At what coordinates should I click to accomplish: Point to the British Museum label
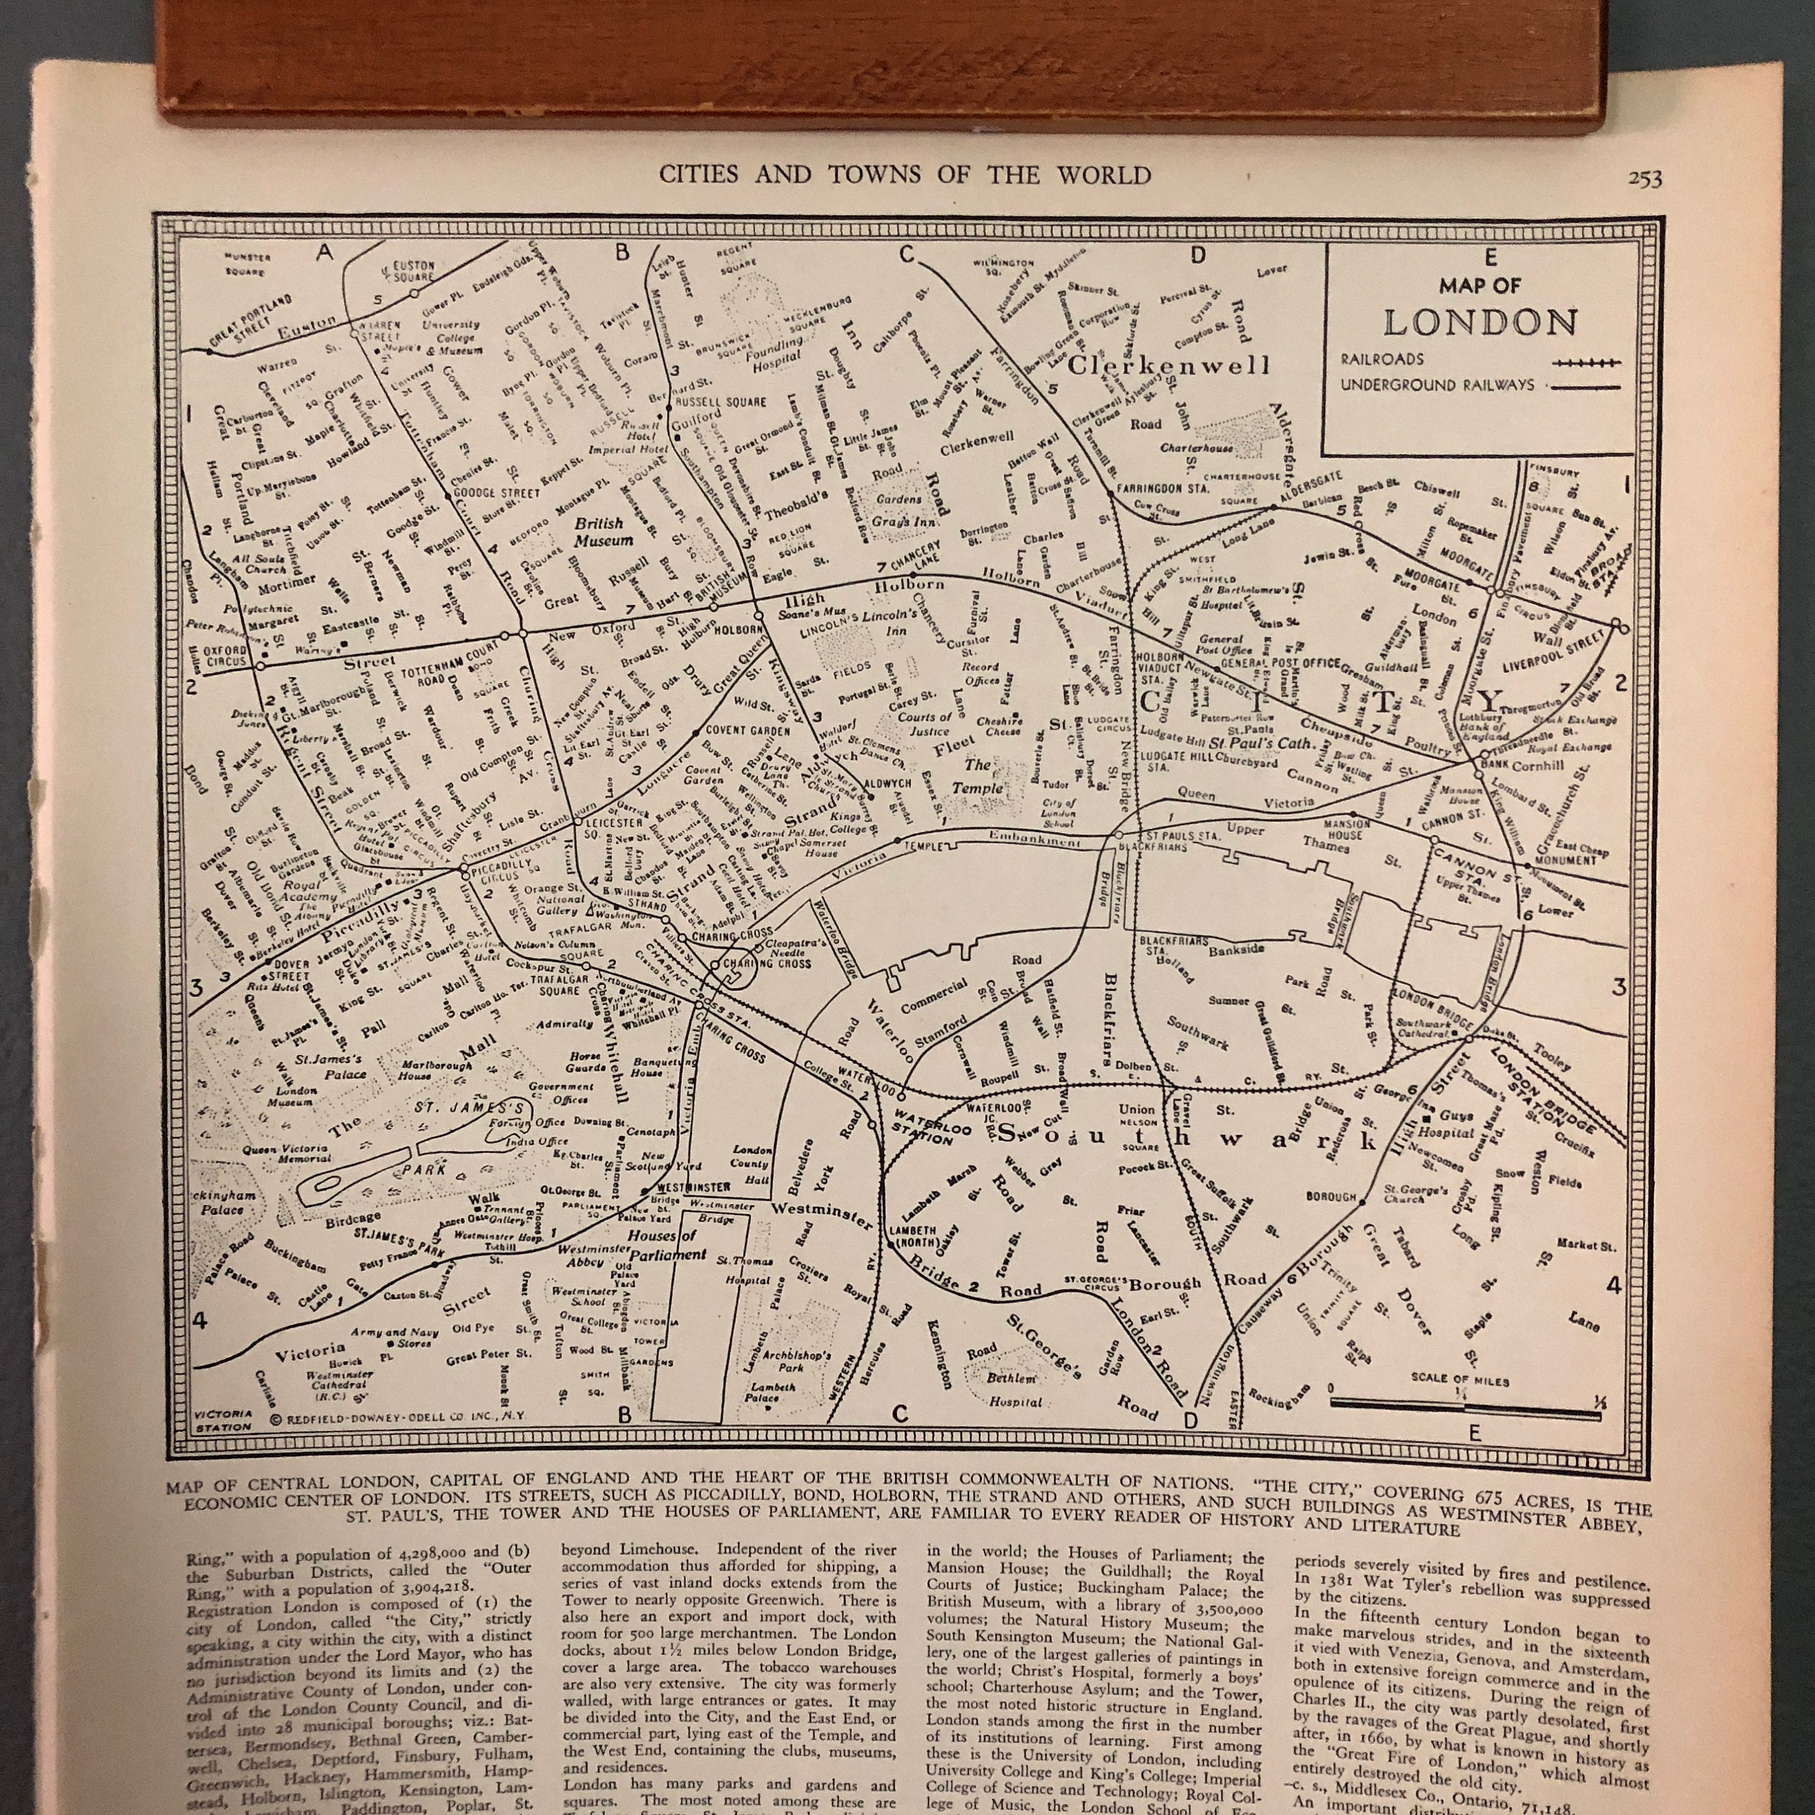(603, 532)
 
